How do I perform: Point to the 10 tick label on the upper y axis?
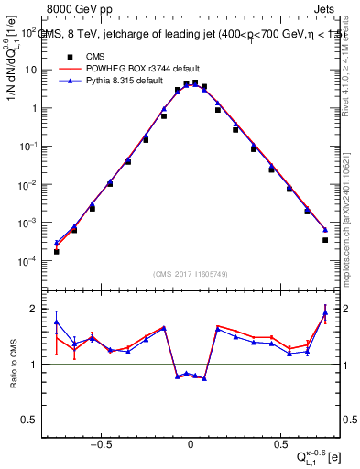point(30,70)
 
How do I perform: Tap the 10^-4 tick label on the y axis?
point(27,262)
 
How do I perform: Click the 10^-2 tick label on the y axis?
point(27,185)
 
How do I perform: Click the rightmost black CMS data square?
point(325,240)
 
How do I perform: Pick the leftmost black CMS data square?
point(56,251)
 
